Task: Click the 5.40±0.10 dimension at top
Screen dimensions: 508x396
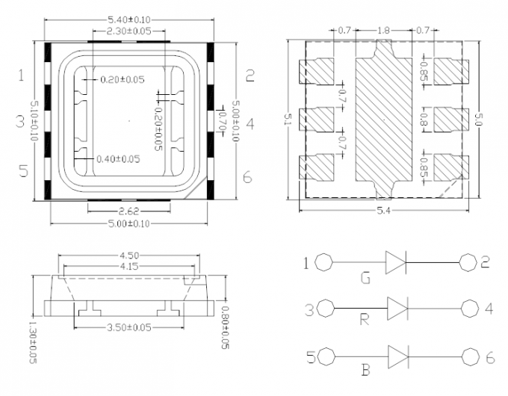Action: coord(129,20)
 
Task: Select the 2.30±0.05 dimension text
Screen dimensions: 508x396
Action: coord(129,31)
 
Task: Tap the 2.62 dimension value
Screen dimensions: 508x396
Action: coord(129,211)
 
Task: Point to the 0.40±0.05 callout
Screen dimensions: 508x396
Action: coord(118,159)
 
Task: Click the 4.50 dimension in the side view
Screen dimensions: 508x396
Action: coord(129,256)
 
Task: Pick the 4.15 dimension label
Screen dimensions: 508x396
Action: coord(129,266)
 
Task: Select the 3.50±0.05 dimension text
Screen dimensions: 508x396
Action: coord(129,327)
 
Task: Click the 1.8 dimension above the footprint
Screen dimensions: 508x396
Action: coord(383,31)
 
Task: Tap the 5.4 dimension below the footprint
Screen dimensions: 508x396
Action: coord(383,211)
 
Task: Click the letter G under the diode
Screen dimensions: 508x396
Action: coord(366,279)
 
